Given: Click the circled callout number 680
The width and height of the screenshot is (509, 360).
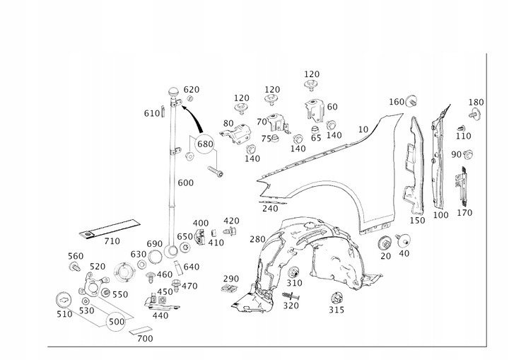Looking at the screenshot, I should pyautogui.click(x=205, y=144).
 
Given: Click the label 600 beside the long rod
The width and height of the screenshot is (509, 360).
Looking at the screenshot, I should pyautogui.click(x=185, y=182).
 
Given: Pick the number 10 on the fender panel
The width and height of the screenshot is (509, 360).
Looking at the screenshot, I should pyautogui.click(x=363, y=129).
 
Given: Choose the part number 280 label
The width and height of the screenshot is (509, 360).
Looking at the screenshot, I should pyautogui.click(x=257, y=239).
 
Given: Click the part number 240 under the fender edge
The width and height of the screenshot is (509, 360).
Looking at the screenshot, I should pyautogui.click(x=269, y=209).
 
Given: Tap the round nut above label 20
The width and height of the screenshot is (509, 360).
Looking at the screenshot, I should pyautogui.click(x=386, y=241).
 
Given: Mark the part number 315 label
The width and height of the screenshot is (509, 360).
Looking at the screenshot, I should pyautogui.click(x=337, y=309).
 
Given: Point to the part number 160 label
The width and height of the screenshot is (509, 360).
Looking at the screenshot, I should pyautogui.click(x=397, y=101).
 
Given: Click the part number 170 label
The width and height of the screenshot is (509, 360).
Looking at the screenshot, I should pyautogui.click(x=464, y=211).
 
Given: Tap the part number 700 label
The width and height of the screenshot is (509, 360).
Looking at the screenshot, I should pyautogui.click(x=144, y=339).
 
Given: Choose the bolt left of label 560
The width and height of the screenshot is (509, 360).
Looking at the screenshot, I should pyautogui.click(x=74, y=267).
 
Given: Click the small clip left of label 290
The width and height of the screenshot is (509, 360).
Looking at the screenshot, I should pyautogui.click(x=228, y=289).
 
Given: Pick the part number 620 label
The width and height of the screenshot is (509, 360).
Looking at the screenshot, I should pyautogui.click(x=192, y=90).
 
